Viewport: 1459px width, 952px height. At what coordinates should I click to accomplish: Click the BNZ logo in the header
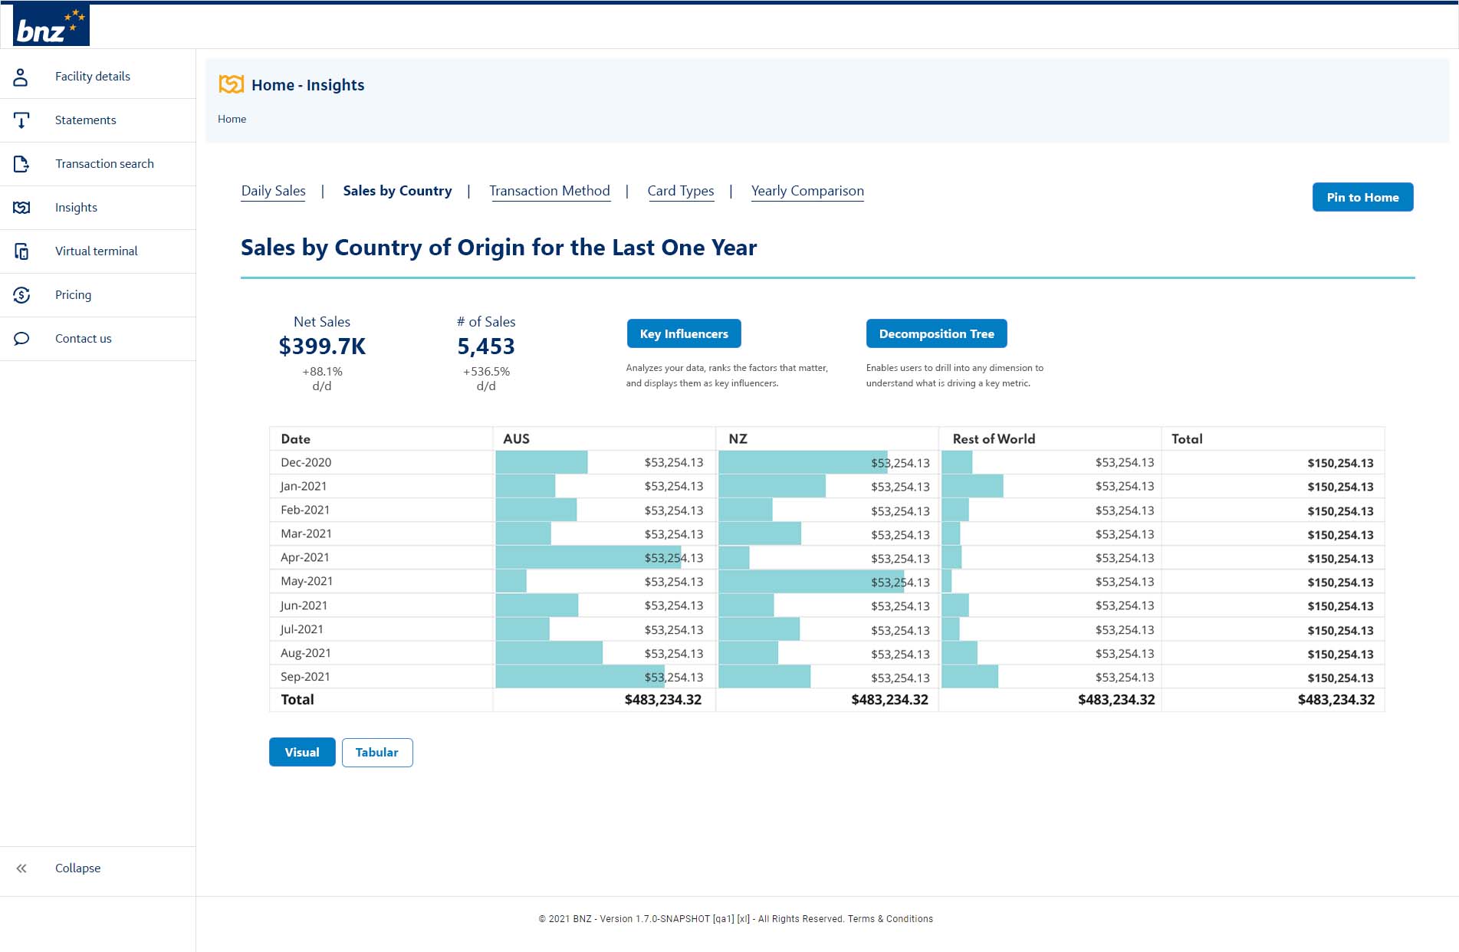click(51, 25)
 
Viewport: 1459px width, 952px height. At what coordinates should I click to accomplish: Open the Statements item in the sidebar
click(85, 120)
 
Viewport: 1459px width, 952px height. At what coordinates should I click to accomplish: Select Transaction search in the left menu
click(104, 164)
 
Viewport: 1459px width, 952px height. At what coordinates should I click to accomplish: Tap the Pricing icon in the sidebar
click(21, 295)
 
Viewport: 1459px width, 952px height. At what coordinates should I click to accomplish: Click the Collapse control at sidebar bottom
click(77, 868)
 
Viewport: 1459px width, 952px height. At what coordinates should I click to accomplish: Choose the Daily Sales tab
click(273, 191)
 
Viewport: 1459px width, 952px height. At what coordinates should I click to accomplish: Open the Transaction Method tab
click(549, 191)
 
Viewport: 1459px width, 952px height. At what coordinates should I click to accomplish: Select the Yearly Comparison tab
click(807, 191)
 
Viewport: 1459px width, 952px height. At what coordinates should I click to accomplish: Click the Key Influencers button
click(683, 334)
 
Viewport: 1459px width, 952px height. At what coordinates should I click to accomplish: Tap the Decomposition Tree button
click(935, 334)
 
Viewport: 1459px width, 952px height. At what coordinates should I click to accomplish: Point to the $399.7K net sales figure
click(322, 346)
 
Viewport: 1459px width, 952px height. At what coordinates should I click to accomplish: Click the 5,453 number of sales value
click(485, 346)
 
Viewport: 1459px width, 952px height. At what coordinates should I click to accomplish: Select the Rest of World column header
click(993, 439)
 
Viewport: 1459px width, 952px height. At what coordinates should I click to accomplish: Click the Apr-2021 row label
click(304, 557)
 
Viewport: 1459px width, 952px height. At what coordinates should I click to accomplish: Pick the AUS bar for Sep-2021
click(579, 677)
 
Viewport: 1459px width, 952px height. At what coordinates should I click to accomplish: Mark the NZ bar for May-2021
click(810, 582)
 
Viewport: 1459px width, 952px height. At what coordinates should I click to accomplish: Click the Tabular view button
click(376, 753)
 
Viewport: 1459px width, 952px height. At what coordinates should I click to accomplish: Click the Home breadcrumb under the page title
click(232, 119)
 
